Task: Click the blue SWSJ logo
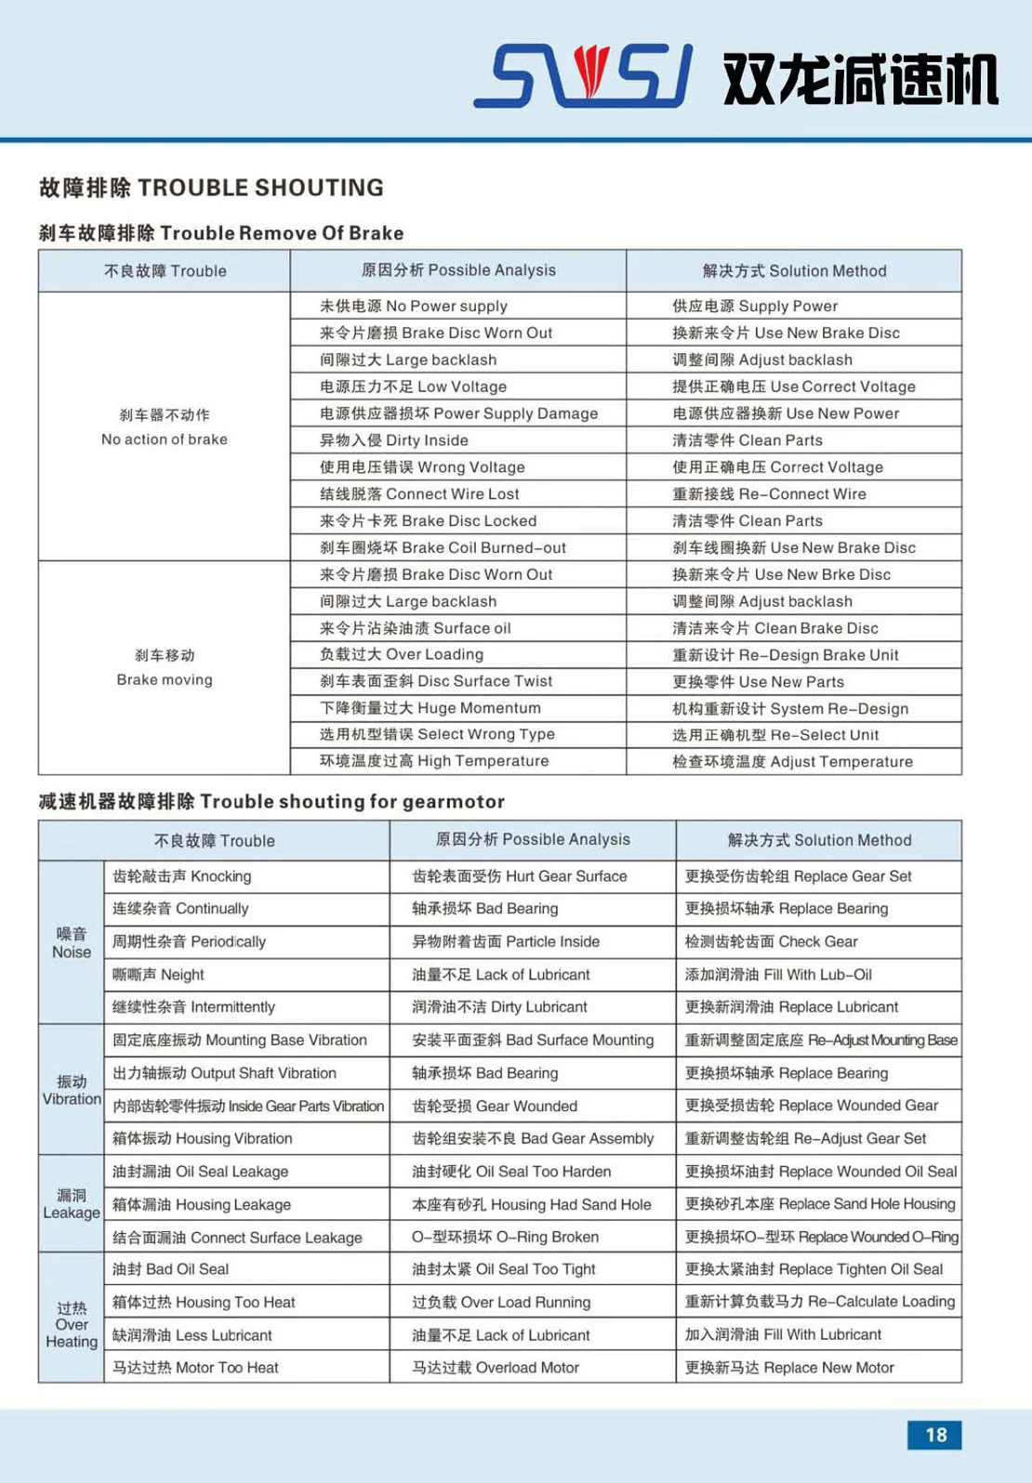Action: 583,75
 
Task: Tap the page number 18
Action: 934,1435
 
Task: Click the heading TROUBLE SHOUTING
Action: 211,188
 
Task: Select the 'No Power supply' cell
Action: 414,306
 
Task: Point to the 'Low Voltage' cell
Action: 414,387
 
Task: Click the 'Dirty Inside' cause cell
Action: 394,440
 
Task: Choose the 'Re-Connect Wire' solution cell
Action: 769,494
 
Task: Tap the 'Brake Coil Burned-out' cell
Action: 443,548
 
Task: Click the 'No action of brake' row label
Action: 165,427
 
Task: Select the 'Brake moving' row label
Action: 165,667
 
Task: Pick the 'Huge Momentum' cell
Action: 430,708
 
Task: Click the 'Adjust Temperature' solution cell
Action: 792,762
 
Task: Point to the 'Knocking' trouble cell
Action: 182,876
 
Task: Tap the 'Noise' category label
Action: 72,943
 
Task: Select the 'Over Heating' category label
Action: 72,1324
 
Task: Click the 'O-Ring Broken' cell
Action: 506,1237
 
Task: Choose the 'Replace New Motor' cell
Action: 789,1368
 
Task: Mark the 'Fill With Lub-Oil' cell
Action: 778,975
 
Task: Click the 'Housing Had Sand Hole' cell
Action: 532,1204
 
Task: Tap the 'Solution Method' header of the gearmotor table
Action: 819,840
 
